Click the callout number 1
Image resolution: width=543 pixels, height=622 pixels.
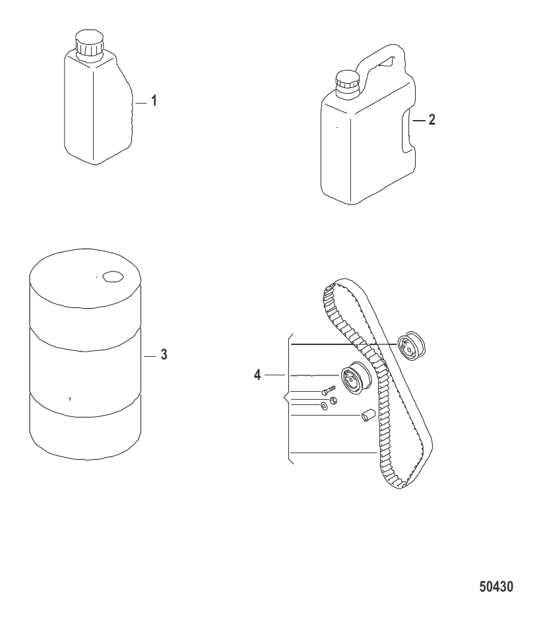click(x=154, y=101)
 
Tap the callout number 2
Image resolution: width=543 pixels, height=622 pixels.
click(x=432, y=119)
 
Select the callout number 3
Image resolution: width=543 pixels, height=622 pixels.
click(x=164, y=354)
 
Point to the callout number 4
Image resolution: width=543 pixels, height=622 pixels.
click(x=257, y=375)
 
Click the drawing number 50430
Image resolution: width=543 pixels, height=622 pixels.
click(x=496, y=586)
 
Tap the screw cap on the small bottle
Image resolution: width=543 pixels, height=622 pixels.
click(x=90, y=43)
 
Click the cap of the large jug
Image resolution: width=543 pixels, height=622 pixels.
click(x=347, y=83)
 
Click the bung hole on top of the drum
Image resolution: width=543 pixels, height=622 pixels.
click(x=113, y=276)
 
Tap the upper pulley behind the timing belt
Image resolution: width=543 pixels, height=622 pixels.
click(x=411, y=345)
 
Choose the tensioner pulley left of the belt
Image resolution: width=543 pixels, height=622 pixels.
click(x=356, y=379)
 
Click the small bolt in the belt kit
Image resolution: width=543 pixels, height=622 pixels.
click(x=328, y=390)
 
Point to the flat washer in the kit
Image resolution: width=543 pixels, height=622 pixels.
click(x=325, y=406)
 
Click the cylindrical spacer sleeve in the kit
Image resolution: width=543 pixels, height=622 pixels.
click(x=367, y=415)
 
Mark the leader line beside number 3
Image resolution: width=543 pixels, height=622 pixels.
click(x=150, y=357)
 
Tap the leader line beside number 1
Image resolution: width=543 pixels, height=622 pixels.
click(x=141, y=103)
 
